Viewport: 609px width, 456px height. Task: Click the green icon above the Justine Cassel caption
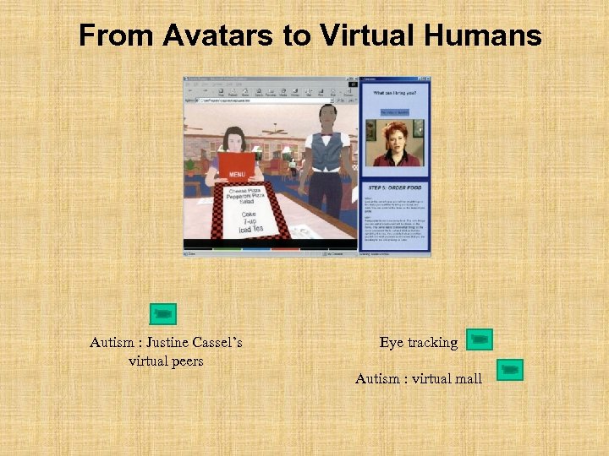point(165,314)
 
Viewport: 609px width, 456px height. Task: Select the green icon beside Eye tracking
point(480,340)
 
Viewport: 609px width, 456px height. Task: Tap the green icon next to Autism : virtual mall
point(510,370)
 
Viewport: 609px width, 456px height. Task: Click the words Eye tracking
point(418,343)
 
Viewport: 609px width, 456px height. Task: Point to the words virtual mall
point(446,379)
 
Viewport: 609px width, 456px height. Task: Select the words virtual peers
point(166,361)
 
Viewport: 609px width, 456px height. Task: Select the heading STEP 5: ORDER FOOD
point(396,187)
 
